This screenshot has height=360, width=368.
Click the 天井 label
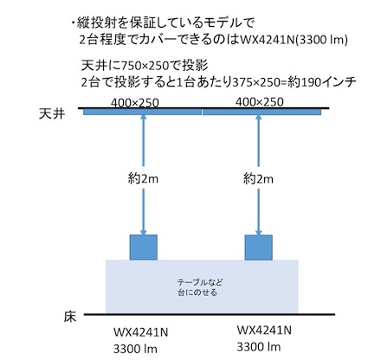pyautogui.click(x=52, y=114)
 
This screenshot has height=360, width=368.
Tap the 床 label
pyautogui.click(x=69, y=317)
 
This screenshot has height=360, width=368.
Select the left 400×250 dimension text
pyautogui.click(x=135, y=103)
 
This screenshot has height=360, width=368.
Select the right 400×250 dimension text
pyautogui.click(x=260, y=102)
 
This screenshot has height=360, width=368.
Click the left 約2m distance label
pyautogui.click(x=143, y=179)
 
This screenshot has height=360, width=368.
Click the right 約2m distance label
pyautogui.click(x=258, y=179)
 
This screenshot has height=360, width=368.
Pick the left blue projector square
pyautogui.click(x=144, y=247)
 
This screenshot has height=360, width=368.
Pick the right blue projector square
pyautogui.click(x=259, y=247)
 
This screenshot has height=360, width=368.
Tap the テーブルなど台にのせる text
pyautogui.click(x=200, y=287)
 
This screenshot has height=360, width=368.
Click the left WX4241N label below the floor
pyautogui.click(x=140, y=332)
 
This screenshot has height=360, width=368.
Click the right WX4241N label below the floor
pyautogui.click(x=264, y=330)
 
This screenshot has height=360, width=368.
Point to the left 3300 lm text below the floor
pyautogui.click(x=135, y=349)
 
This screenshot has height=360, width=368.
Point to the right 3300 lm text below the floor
pyautogui.click(x=259, y=347)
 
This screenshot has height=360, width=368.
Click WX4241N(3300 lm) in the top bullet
pyautogui.click(x=294, y=40)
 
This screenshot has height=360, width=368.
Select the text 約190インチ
pyautogui.click(x=321, y=82)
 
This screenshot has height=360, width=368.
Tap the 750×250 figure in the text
pyautogui.click(x=145, y=66)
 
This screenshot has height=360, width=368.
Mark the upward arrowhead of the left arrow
pyautogui.click(x=143, y=117)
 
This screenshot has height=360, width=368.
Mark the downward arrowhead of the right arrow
pyautogui.click(x=258, y=232)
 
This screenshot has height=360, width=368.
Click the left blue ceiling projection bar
pyautogui.click(x=142, y=112)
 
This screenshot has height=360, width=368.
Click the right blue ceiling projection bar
pyautogui.click(x=261, y=112)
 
